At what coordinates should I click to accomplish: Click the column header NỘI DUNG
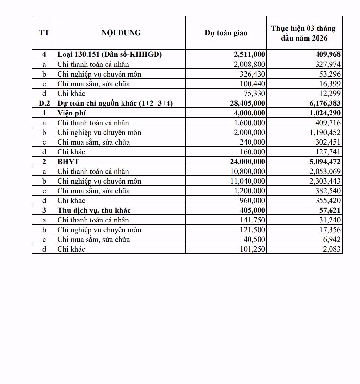(121, 33)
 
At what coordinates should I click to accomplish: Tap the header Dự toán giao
(226, 33)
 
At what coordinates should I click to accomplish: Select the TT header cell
(44, 33)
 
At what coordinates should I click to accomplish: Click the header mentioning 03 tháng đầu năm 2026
(304, 33)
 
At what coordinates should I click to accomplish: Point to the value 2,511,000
(250, 54)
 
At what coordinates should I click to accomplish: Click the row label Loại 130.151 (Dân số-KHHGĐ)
(110, 54)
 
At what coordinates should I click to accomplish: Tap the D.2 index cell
(44, 103)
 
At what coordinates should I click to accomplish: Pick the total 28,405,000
(248, 103)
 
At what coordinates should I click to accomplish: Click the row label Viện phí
(72, 113)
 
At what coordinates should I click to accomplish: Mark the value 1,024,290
(323, 113)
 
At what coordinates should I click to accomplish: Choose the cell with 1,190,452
(323, 132)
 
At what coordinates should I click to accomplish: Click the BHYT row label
(68, 162)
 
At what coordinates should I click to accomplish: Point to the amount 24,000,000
(248, 162)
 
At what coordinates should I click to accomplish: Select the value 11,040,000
(248, 181)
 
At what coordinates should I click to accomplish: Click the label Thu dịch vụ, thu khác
(94, 210)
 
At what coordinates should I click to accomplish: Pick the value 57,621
(330, 210)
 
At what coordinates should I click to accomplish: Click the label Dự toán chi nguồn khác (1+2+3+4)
(115, 103)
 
